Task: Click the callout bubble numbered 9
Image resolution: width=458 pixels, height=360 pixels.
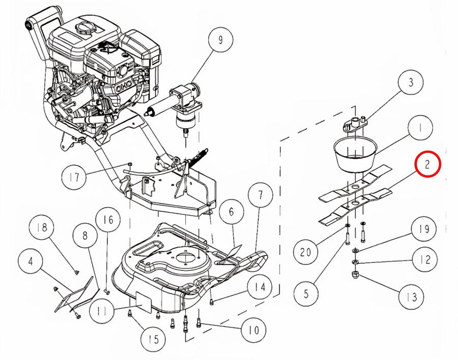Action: point(220,40)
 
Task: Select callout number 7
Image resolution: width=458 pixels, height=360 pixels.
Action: point(260,195)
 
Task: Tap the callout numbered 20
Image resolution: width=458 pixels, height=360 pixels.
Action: point(306,253)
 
